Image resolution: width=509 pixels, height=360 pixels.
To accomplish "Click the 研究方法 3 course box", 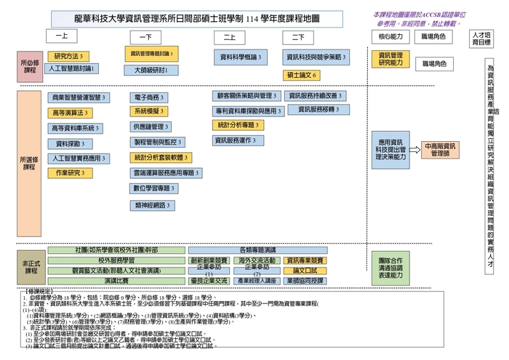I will click(68, 56).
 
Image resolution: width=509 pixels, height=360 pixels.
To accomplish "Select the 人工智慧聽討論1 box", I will click(73, 68).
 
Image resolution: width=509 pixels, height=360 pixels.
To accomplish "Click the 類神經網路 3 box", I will click(153, 206).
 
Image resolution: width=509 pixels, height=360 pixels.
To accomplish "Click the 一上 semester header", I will click(61, 36).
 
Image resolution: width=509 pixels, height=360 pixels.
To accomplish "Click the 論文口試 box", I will click(304, 271).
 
